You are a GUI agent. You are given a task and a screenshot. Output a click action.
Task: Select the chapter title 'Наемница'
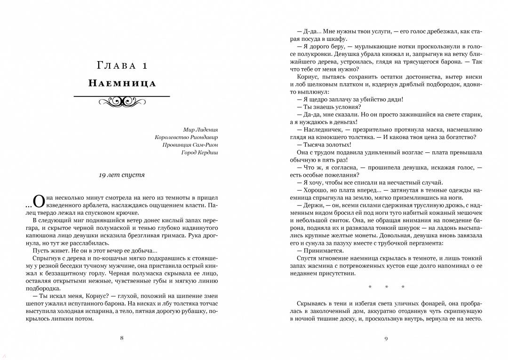[x=122, y=84]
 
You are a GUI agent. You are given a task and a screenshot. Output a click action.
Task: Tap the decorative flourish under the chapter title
[x=122, y=100]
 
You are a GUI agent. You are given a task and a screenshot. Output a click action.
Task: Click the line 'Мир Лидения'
[x=200, y=130]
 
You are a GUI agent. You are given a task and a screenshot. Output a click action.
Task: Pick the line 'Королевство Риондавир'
[x=186, y=137]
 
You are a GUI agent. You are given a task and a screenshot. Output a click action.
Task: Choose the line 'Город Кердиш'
[x=199, y=152]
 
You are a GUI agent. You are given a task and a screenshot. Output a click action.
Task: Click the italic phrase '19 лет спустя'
[x=122, y=175]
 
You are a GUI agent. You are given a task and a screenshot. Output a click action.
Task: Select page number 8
[x=122, y=337]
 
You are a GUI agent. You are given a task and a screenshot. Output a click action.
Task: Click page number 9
[x=386, y=337]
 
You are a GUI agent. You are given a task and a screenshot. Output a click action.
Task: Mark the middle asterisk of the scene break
[x=386, y=287]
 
